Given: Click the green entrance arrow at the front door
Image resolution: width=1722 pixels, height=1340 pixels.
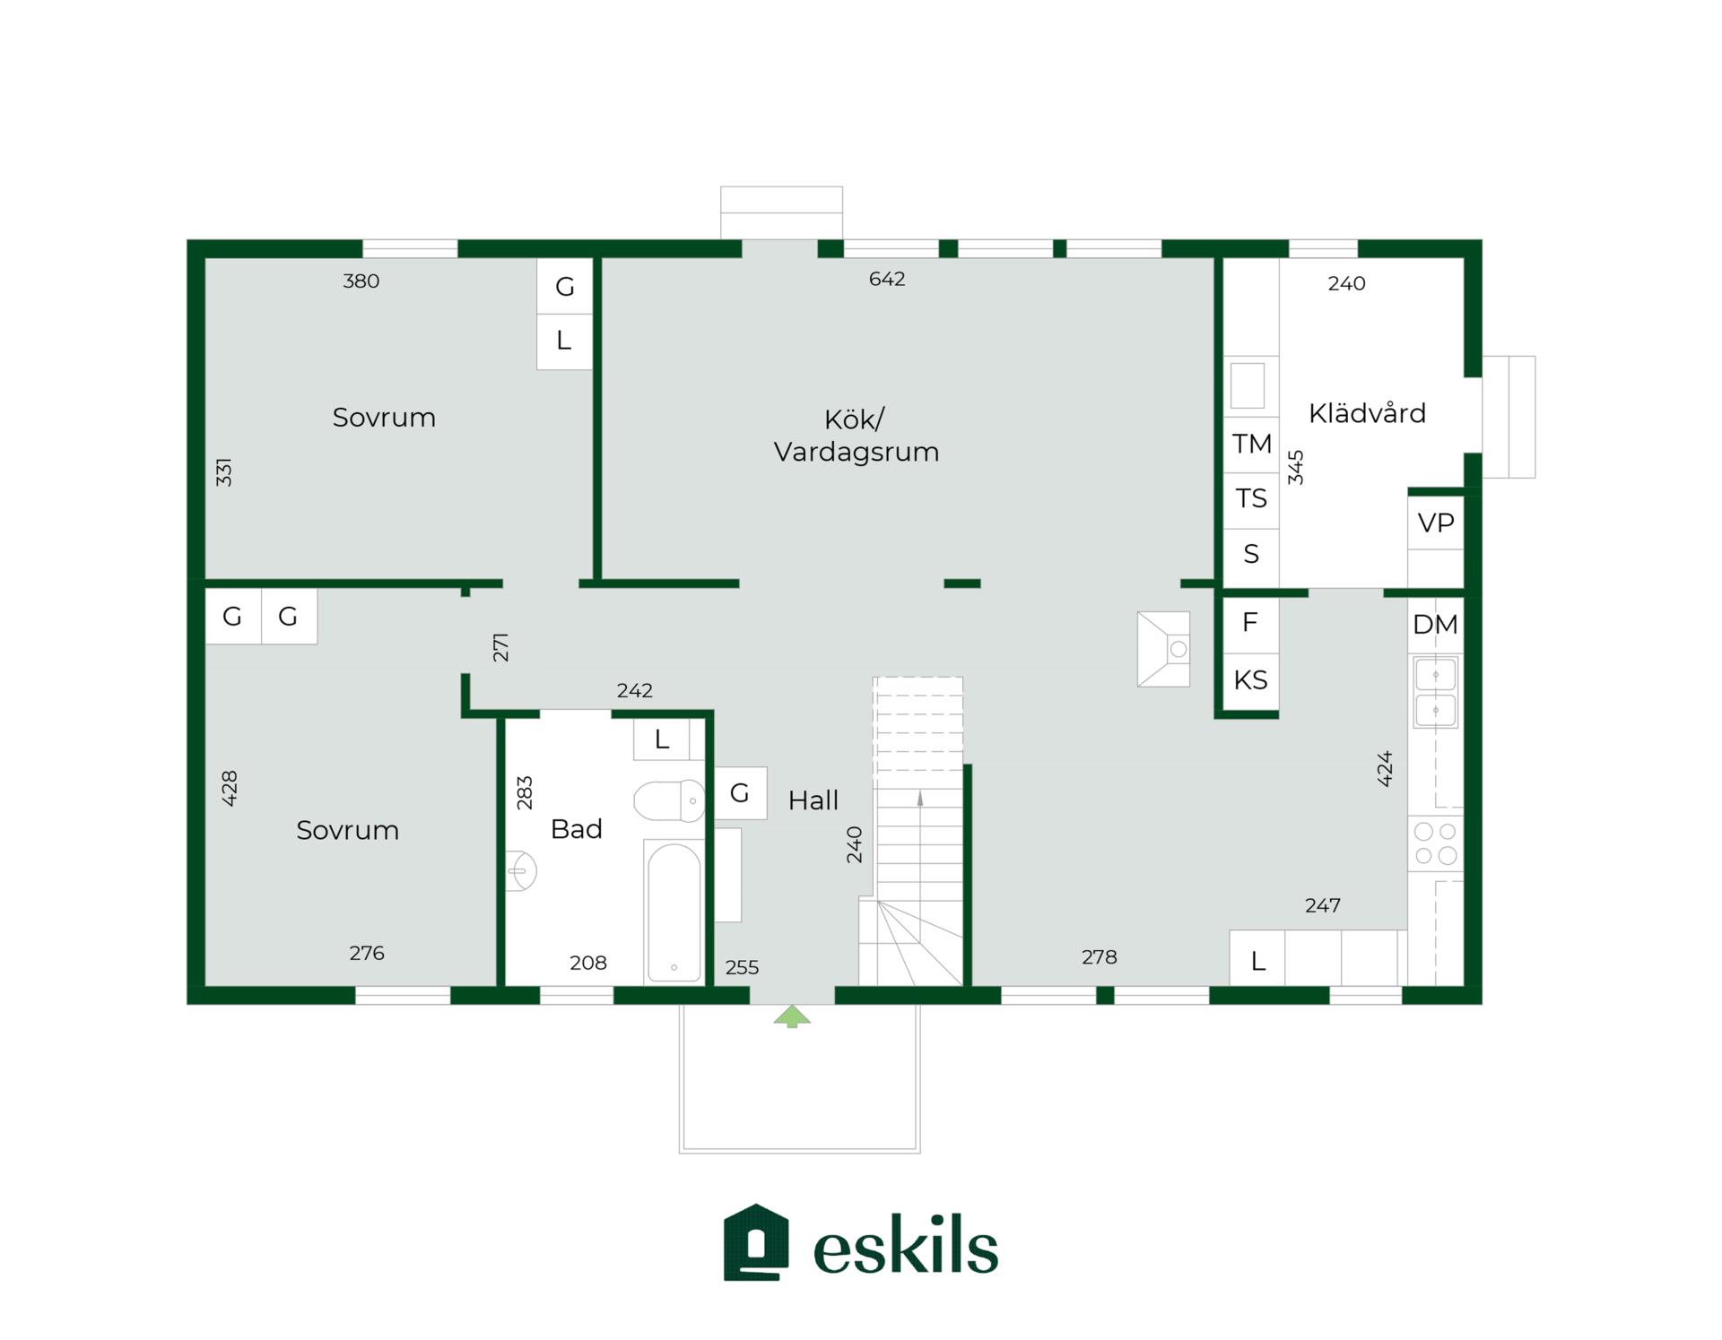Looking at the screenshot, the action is click(792, 1016).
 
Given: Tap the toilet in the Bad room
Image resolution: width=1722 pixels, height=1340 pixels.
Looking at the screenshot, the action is click(669, 800).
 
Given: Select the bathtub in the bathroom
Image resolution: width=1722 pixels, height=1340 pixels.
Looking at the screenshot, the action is click(674, 912).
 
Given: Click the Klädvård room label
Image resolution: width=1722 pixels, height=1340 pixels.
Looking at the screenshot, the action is click(1367, 413).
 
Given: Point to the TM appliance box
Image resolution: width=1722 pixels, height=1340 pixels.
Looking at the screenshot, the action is click(1251, 445).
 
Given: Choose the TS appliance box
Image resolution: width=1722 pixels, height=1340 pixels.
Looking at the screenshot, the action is click(1251, 499).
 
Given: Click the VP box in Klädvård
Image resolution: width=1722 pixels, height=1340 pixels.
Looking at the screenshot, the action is click(1436, 523).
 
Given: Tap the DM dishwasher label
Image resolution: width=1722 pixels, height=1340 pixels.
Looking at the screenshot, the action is click(1435, 625).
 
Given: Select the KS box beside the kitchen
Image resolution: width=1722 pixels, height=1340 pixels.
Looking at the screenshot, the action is click(1250, 680).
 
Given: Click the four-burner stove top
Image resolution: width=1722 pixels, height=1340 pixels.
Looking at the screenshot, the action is click(1435, 843).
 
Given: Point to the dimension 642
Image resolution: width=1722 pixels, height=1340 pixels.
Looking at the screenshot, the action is click(887, 280).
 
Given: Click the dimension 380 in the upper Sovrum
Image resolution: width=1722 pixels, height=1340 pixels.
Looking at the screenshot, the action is click(361, 281).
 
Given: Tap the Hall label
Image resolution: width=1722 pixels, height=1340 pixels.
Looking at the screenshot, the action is click(813, 800).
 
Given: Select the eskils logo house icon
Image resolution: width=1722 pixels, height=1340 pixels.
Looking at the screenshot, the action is click(756, 1242).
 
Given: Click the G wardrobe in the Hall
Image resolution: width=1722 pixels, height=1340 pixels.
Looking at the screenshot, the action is click(740, 793).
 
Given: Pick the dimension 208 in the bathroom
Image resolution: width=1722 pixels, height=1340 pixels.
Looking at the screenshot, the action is click(588, 963).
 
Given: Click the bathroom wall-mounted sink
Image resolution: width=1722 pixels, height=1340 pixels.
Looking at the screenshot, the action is click(521, 871).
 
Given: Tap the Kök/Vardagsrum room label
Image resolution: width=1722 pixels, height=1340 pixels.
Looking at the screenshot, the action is click(857, 436).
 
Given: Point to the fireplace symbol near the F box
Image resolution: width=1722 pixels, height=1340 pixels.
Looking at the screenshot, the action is click(1163, 649).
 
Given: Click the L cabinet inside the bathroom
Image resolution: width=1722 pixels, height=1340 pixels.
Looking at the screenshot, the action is click(662, 739).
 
